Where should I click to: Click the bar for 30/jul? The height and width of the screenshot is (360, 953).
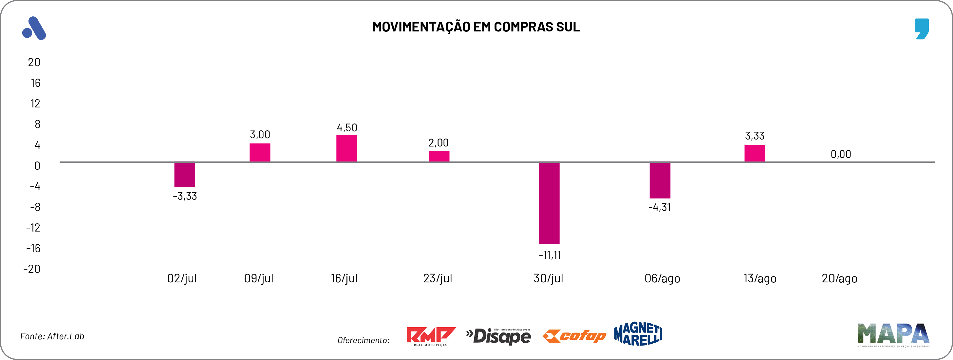coord(549,203)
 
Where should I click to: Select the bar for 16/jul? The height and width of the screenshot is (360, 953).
coord(346,148)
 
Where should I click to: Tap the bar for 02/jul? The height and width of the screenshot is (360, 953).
coord(185,174)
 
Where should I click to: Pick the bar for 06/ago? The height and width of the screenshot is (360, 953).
coord(660,180)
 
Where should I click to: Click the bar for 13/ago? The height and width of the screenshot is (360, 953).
coord(755,153)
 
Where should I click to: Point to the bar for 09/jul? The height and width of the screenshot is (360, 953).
coord(260,152)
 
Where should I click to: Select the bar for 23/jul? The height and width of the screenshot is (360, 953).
coord(439,156)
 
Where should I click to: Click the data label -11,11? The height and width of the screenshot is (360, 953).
coord(550,255)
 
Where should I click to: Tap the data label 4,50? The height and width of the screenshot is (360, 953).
coord(346,128)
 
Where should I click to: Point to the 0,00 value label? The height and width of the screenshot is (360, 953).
coord(841,154)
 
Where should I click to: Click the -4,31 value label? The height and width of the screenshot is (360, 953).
coord(659,207)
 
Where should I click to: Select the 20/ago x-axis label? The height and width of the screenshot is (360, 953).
coord(839,278)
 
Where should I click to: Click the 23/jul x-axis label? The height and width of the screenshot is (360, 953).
coord(438,278)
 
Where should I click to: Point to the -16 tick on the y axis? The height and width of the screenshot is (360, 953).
coord(33,248)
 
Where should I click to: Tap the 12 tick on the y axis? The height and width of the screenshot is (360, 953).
coord(35,104)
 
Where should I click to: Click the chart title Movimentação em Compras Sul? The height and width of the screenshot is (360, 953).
coord(476,27)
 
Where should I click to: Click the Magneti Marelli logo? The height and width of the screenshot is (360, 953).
coord(638,334)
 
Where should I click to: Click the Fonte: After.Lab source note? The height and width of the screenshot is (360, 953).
coord(52,336)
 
